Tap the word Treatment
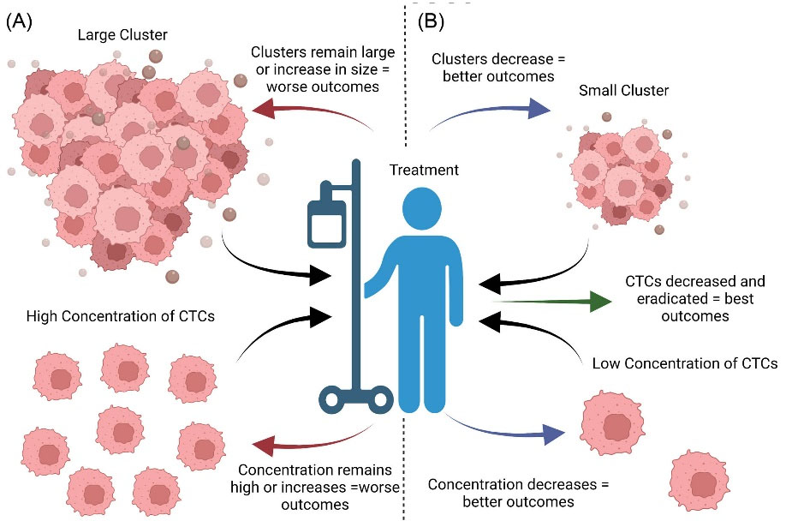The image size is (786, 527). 423,170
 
